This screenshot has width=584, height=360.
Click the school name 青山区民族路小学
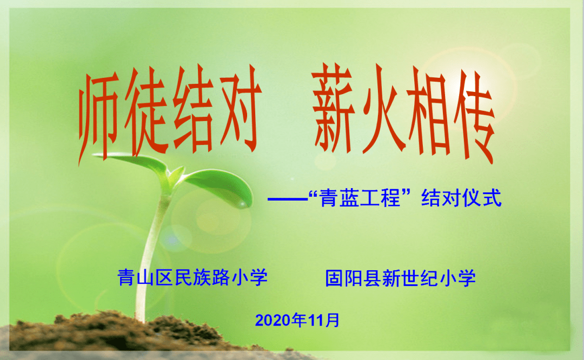click(193, 278)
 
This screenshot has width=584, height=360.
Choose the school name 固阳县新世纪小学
click(400, 278)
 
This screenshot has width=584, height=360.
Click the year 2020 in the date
click(273, 320)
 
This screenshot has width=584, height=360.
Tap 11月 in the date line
click(324, 320)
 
